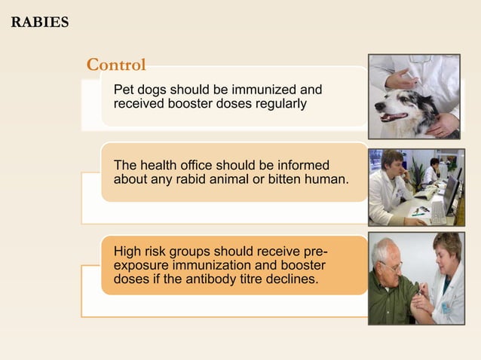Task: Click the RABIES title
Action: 40,22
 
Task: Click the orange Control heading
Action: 116,65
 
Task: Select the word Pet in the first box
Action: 123,90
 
